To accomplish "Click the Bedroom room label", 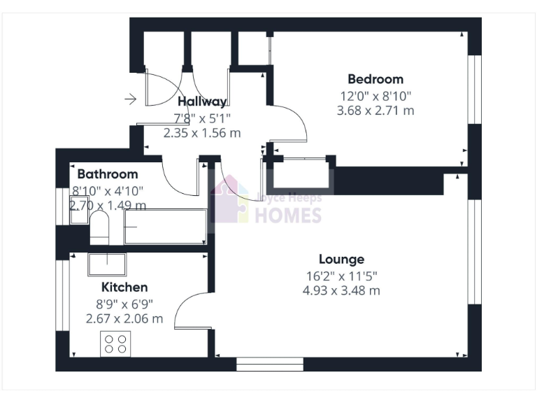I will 375,79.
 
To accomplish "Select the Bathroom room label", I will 108,174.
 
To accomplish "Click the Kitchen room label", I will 124,287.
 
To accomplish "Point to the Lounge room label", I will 341,260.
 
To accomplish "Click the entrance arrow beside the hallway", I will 130,99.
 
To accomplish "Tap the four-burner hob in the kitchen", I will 116,344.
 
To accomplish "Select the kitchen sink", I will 106,264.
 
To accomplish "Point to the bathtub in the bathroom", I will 166,227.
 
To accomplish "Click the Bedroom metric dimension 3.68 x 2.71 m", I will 375,111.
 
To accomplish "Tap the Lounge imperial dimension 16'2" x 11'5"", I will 341,276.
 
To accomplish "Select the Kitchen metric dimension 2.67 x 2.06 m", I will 124,319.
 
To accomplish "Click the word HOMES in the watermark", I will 287,215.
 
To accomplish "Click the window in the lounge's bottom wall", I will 270,365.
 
